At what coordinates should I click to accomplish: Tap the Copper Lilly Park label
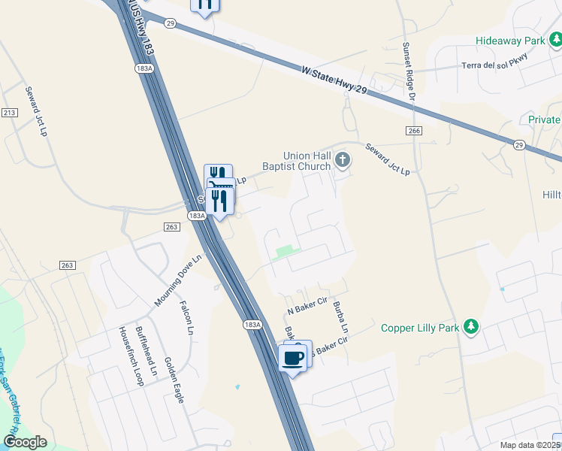(419, 327)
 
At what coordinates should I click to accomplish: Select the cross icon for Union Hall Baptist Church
(343, 159)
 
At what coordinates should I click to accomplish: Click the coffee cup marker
(292, 358)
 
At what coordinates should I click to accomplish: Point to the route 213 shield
(9, 113)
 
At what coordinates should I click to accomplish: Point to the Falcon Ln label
(186, 317)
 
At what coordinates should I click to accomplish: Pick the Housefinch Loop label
(129, 356)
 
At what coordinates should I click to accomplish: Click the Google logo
(25, 442)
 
